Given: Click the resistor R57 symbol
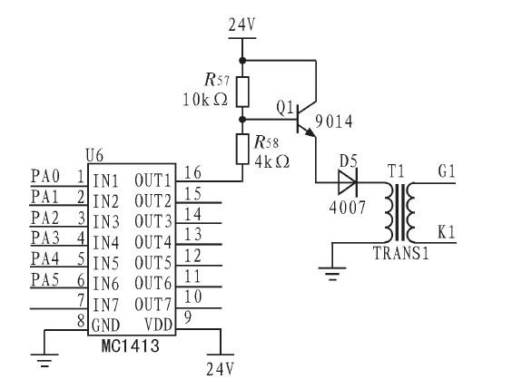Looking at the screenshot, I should [242, 91].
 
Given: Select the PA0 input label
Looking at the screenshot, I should [43, 174].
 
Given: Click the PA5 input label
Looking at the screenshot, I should [43, 280].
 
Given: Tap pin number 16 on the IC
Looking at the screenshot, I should [192, 172].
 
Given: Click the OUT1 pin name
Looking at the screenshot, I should [153, 180].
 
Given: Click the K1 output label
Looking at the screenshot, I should [448, 232].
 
